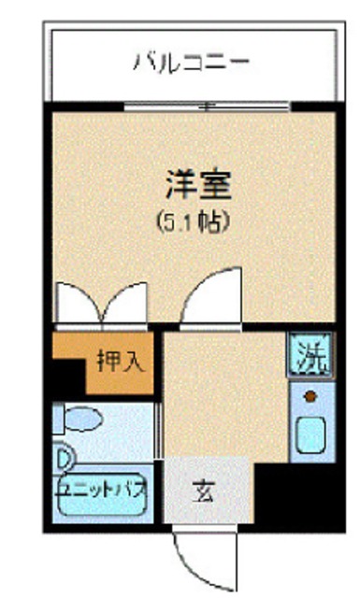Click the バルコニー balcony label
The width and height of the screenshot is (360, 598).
pyautogui.click(x=192, y=64)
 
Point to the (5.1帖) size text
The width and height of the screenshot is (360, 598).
pyautogui.click(x=194, y=223)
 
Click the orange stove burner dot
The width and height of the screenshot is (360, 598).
pyautogui.click(x=309, y=396)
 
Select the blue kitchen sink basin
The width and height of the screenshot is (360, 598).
pyautogui.click(x=310, y=435)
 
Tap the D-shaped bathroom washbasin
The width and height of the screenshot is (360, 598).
pyautogui.click(x=64, y=458)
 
